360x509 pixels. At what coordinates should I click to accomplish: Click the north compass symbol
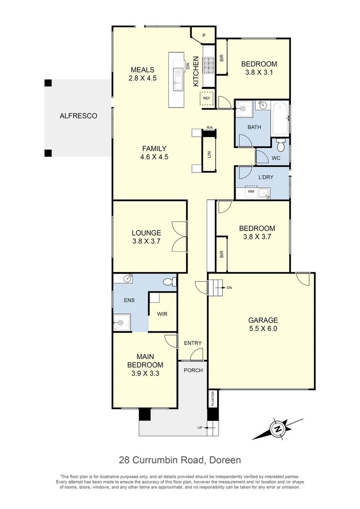point(278,429)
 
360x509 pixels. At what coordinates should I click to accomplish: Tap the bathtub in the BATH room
point(281,118)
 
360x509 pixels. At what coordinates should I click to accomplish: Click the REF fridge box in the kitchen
point(206,99)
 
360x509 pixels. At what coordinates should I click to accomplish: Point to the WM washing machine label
point(251,191)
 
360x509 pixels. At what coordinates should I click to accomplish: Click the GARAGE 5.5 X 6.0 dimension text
point(263,329)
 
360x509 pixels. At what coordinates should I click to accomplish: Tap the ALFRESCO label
point(78,115)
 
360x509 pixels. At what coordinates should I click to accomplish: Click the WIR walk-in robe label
point(162,314)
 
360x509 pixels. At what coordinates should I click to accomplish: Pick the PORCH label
point(193,370)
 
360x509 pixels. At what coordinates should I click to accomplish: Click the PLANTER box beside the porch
point(213,399)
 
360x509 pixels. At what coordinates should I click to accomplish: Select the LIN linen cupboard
point(209,155)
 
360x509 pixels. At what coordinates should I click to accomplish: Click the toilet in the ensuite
point(168,282)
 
